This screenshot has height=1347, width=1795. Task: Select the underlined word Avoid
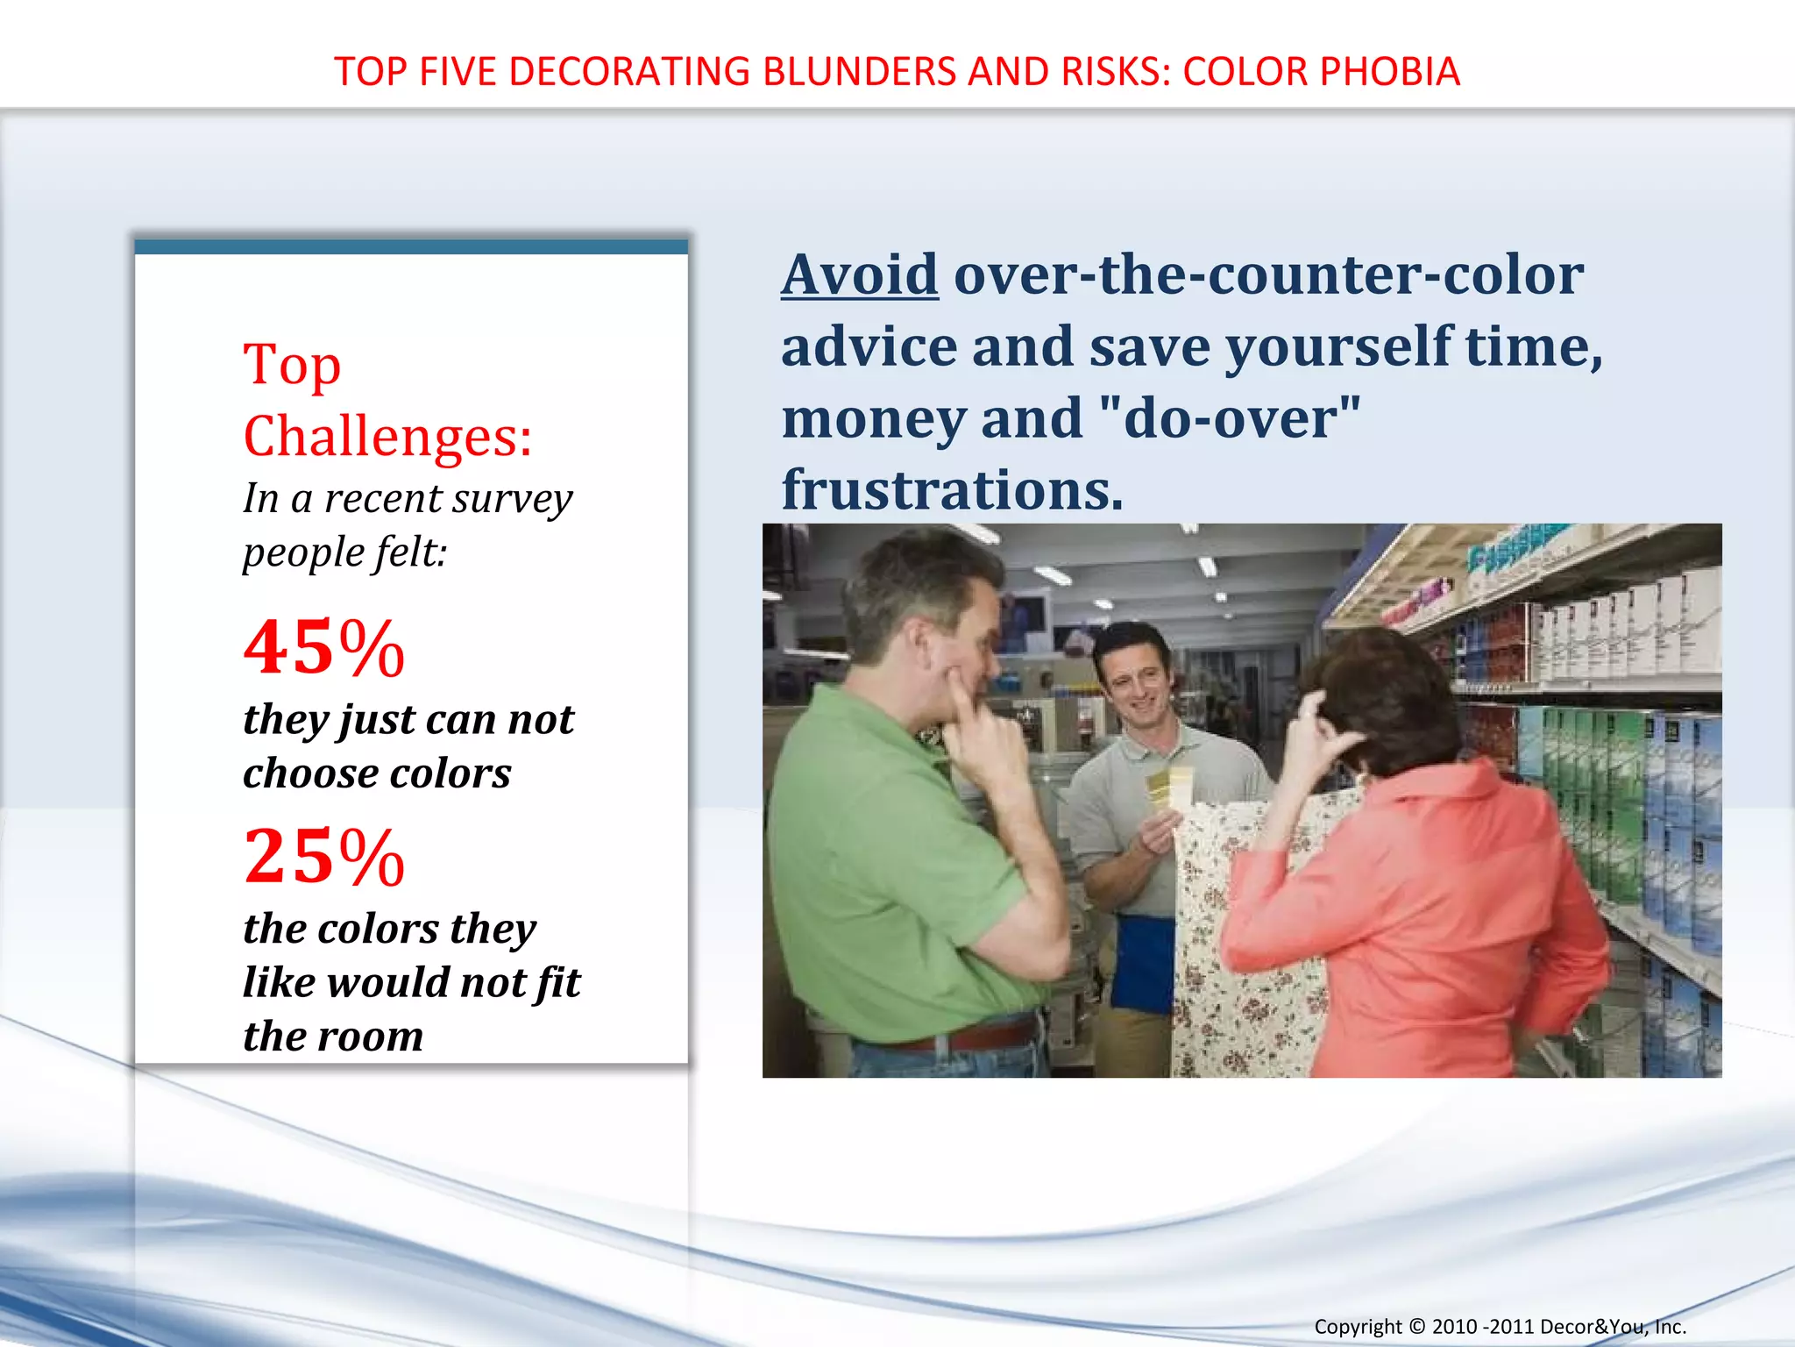859,274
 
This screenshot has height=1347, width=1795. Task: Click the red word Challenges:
387,436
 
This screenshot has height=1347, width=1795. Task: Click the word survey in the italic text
511,498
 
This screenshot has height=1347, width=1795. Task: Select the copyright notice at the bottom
1500,1326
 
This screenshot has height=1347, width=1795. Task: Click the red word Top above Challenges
292,365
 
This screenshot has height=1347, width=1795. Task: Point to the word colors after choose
450,773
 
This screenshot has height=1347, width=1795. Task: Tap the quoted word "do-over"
1229,418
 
